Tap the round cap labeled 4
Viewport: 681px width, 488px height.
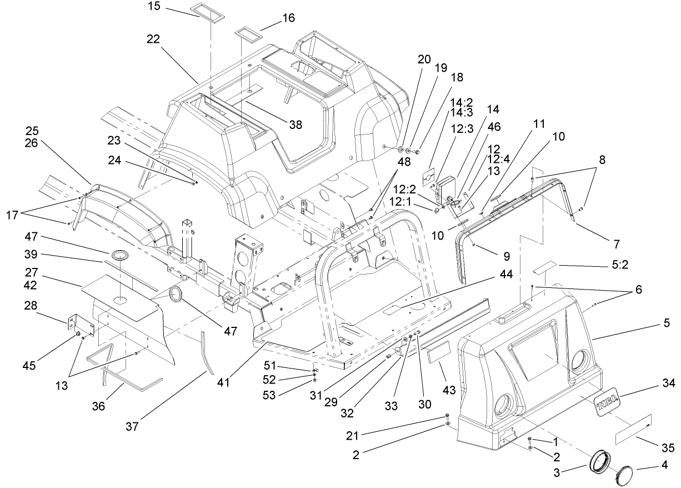[627, 476]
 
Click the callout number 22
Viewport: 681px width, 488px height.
[154, 39]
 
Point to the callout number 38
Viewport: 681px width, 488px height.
[296, 125]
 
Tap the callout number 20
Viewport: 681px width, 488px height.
[424, 59]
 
